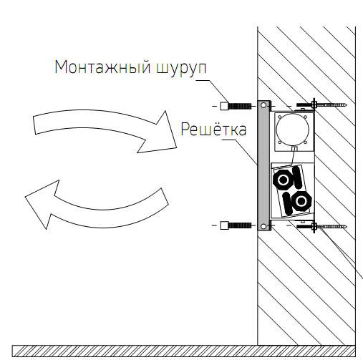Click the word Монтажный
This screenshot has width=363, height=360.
tap(102, 67)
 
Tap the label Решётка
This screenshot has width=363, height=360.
tap(213, 129)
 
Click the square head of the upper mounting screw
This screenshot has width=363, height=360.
tap(224, 106)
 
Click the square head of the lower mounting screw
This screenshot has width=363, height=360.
tap(224, 225)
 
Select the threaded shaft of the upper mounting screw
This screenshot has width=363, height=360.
tap(240, 106)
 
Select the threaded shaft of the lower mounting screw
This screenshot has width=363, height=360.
tap(240, 225)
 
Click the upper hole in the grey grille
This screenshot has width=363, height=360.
tap(263, 105)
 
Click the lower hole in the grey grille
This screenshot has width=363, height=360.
tap(263, 226)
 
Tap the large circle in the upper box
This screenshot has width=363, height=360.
tap(293, 130)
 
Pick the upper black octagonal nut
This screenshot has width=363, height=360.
tap(284, 180)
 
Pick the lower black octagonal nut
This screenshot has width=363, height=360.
tap(301, 201)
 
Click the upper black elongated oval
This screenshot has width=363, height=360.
tap(297, 177)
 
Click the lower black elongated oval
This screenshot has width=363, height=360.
tap(288, 204)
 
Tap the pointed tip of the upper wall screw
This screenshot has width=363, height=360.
tap(346, 104)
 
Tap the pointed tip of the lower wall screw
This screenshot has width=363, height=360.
tap(346, 226)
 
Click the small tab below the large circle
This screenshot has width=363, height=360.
tap(294, 149)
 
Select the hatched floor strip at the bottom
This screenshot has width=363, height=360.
tap(183, 351)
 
